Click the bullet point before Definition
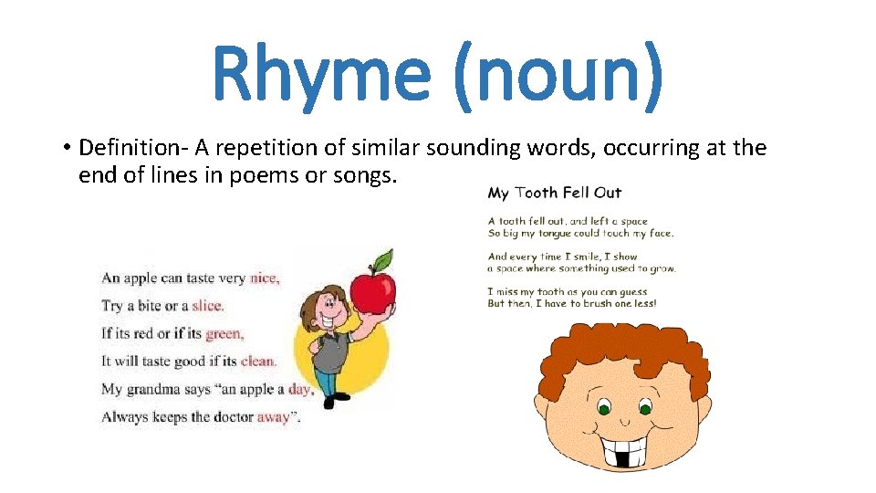(68, 148)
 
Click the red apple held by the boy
(372, 290)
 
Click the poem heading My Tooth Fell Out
(554, 193)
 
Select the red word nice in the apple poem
(264, 278)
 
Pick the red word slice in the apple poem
(207, 306)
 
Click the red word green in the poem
(224, 333)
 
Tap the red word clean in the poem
(257, 362)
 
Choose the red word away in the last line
(274, 417)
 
